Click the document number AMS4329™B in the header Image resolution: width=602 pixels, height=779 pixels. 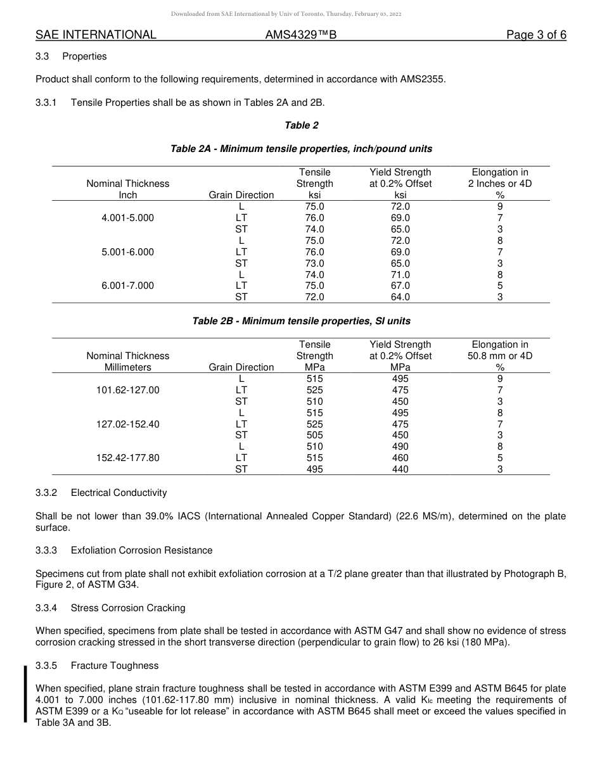[x=300, y=35]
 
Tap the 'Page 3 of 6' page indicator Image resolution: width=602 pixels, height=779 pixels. [x=536, y=35]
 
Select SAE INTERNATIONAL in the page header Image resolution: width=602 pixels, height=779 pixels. [x=96, y=35]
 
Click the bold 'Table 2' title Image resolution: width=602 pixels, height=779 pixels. [x=302, y=125]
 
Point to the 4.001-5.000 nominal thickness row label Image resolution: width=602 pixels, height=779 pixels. [x=127, y=218]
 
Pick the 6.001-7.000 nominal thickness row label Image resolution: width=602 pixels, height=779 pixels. [x=127, y=286]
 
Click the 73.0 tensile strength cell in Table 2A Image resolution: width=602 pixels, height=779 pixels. [x=314, y=263]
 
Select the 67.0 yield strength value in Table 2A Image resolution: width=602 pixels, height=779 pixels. [x=400, y=286]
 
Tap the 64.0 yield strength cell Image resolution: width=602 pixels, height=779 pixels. [x=400, y=297]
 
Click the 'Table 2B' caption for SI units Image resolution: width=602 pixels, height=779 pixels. [x=301, y=321]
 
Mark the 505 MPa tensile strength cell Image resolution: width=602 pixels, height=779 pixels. [x=314, y=435]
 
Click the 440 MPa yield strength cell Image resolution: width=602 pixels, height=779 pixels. [x=400, y=469]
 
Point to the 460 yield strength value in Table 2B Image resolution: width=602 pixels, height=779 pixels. [x=400, y=458]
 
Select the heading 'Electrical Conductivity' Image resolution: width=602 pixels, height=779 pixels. [x=118, y=493]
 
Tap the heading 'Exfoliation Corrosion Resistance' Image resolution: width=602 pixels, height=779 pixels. [x=141, y=550]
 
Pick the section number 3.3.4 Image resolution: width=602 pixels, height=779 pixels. [x=46, y=608]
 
